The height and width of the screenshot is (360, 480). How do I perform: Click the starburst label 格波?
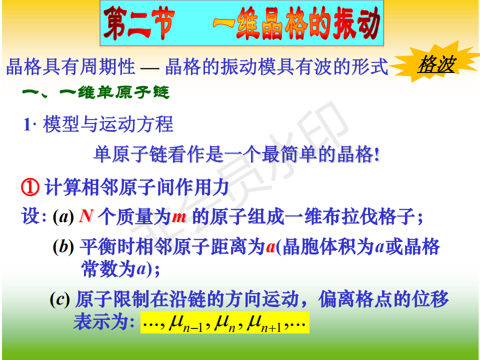point(435,64)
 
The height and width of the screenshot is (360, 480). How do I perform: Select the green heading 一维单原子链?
point(95,92)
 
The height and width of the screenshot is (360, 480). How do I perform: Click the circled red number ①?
point(30,187)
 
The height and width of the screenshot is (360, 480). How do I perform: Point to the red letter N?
point(85,216)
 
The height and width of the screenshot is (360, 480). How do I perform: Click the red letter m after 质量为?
point(179,216)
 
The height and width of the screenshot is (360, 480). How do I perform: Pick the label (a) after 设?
point(63,216)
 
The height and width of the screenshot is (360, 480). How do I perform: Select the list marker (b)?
point(63,246)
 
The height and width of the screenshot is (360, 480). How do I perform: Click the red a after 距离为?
point(270,247)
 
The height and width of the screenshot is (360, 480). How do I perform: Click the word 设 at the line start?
point(30,216)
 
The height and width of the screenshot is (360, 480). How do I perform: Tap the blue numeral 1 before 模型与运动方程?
point(27,124)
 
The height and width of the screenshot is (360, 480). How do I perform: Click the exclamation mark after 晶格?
point(377,154)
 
